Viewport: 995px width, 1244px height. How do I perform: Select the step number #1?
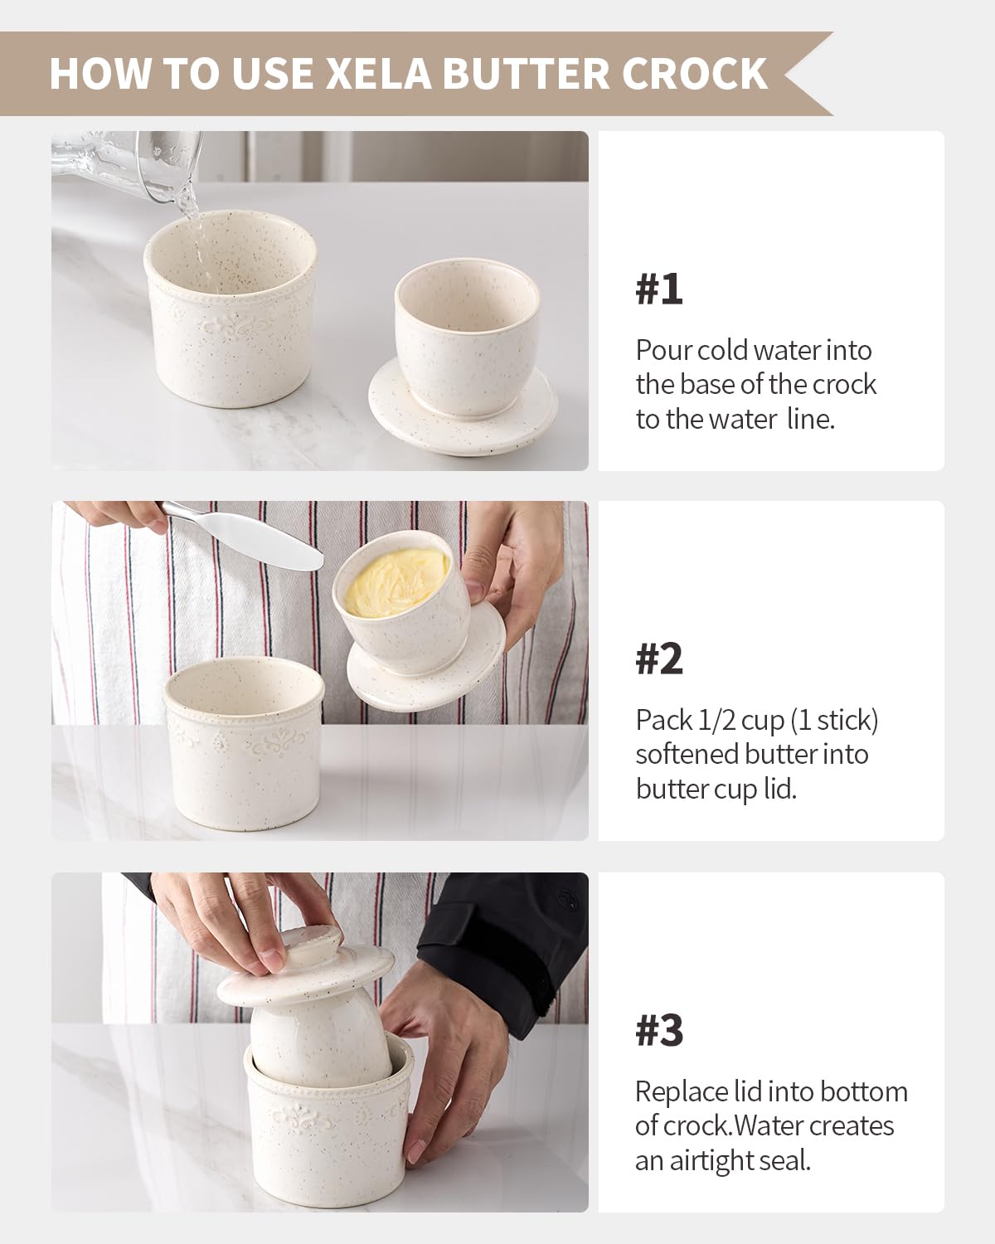pyautogui.click(x=659, y=289)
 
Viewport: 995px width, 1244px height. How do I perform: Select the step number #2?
pyautogui.click(x=659, y=659)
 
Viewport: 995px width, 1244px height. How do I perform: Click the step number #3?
pyautogui.click(x=659, y=1031)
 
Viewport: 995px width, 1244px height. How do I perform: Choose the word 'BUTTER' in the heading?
pyautogui.click(x=528, y=73)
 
